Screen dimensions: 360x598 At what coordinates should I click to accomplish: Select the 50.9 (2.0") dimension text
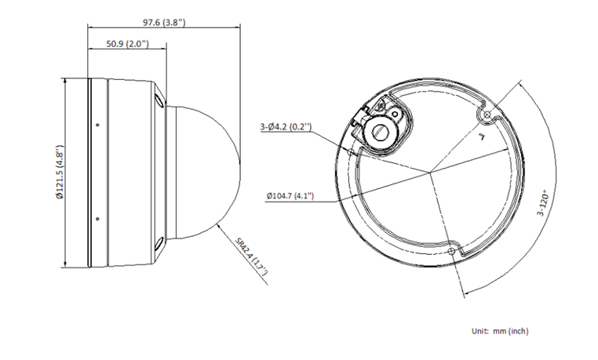coord(126,45)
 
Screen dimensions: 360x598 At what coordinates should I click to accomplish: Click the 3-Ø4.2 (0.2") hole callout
coord(286,125)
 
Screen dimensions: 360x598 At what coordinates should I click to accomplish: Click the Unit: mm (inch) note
coord(501,332)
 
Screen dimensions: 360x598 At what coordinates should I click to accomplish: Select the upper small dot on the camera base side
coord(97,125)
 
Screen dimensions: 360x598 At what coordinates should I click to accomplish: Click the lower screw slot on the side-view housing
coord(159,244)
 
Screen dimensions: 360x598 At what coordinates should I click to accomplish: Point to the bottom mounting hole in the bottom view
coord(450,251)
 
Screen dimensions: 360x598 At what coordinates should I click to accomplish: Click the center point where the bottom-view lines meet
coord(430,170)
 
